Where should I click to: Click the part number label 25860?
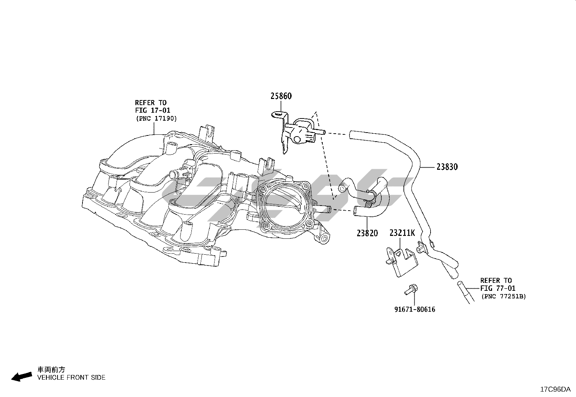(x=281, y=96)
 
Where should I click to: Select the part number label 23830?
(x=447, y=167)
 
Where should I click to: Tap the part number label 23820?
(x=367, y=233)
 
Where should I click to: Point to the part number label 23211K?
(x=402, y=233)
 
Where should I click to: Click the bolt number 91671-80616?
(x=415, y=309)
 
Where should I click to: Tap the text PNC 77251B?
(x=503, y=296)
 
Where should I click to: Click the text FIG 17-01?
(x=152, y=110)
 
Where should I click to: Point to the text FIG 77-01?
(x=498, y=288)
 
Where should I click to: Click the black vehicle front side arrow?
(x=21, y=377)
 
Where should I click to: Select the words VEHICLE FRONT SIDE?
(x=71, y=377)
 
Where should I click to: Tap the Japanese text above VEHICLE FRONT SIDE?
(x=51, y=370)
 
